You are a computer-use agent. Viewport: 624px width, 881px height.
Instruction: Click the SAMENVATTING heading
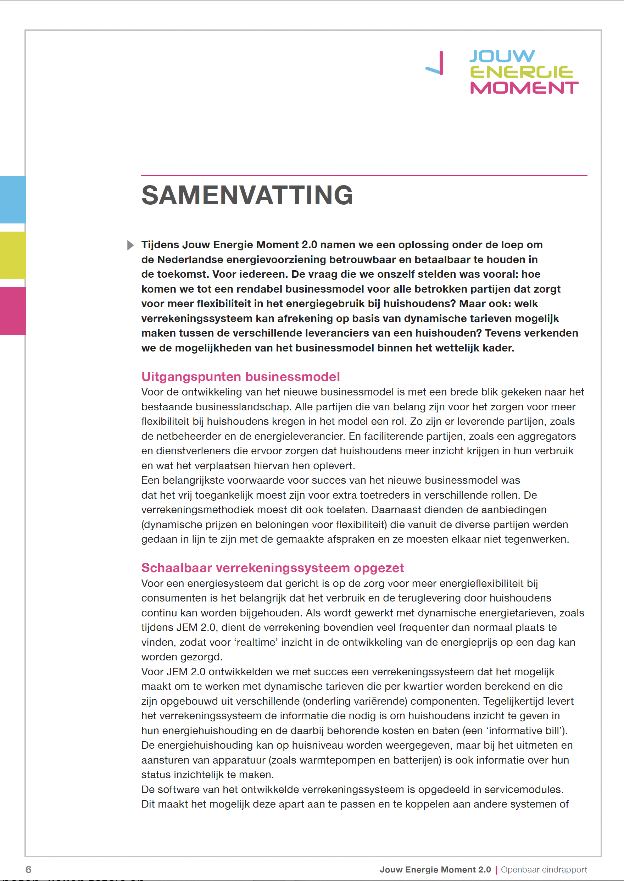[247, 195]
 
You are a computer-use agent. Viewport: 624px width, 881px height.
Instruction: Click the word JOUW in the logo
[502, 56]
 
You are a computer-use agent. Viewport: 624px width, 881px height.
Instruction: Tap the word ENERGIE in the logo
[522, 72]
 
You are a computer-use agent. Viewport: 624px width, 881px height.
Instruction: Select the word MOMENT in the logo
[524, 88]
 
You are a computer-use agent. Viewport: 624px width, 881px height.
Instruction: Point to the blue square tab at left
[13, 199]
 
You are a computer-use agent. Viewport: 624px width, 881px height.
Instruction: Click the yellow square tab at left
[13, 255]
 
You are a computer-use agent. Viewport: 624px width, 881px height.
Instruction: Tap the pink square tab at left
[13, 311]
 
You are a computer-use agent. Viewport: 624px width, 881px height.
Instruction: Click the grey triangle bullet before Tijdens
[130, 245]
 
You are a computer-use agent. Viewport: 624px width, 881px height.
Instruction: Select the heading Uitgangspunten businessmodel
[240, 377]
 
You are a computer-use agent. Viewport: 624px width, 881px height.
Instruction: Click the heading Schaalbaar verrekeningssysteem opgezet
[272, 568]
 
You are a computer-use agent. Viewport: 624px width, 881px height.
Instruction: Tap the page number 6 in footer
[28, 869]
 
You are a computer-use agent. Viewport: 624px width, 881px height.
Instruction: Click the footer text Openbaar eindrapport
[544, 869]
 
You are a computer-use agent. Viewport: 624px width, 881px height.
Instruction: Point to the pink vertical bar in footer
[496, 869]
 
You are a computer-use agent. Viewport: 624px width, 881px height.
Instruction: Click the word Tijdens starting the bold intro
[160, 245]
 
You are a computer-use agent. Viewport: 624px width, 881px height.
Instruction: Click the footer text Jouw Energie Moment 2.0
[435, 869]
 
